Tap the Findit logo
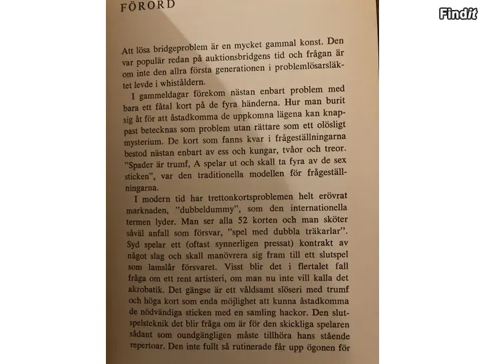coord(458,13)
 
